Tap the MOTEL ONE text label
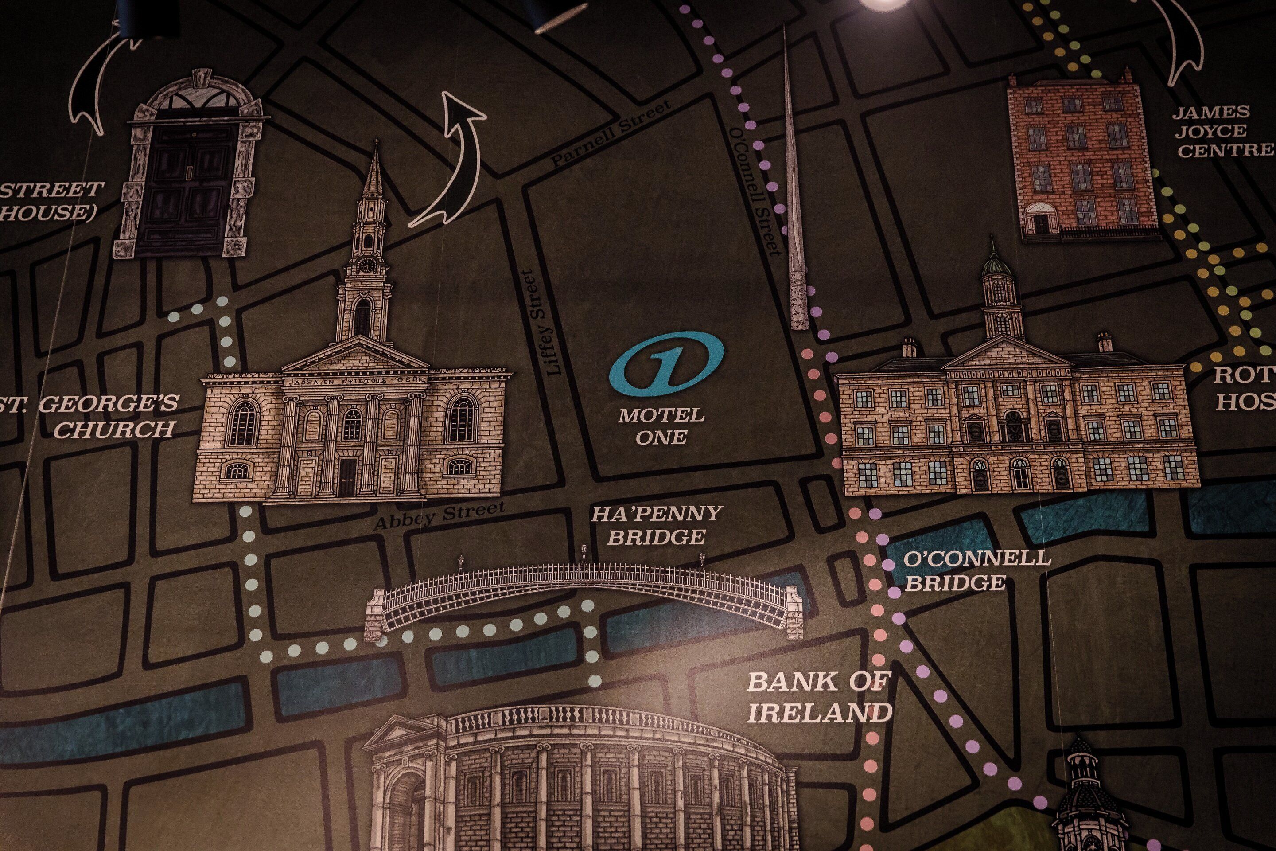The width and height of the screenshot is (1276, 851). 661,426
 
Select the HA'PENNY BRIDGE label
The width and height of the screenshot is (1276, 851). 657,525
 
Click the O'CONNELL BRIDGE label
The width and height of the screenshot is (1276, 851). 969,570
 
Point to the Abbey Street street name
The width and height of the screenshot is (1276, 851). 439,515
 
